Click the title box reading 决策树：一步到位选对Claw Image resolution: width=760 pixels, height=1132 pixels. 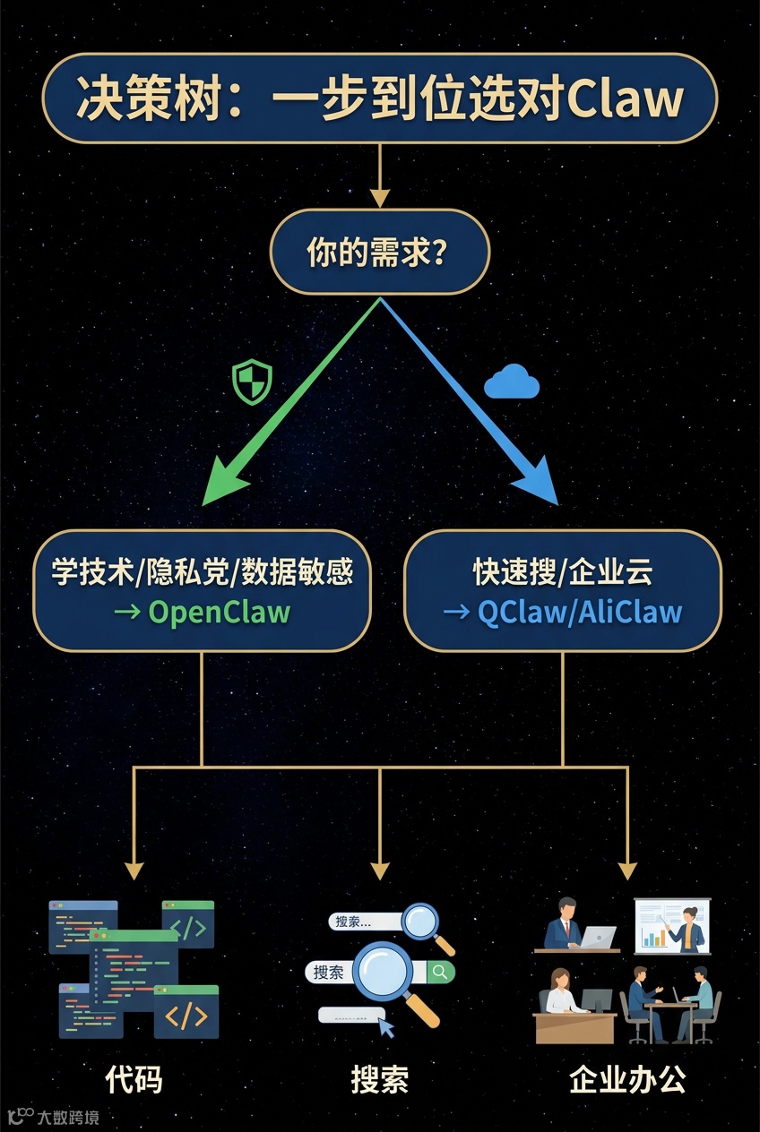pyautogui.click(x=380, y=99)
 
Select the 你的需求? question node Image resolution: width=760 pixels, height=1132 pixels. pyautogui.click(x=380, y=253)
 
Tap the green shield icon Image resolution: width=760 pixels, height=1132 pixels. pyautogui.click(x=251, y=382)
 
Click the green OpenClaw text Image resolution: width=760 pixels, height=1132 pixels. pyautogui.click(x=219, y=613)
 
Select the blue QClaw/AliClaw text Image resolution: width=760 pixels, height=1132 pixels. pyautogui.click(x=579, y=613)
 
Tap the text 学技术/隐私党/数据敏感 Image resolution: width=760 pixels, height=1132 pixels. pyautogui.click(x=202, y=571)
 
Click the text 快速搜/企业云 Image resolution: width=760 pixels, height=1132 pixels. pyautogui.click(x=563, y=571)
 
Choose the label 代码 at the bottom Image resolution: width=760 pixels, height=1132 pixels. pyautogui.click(x=134, y=1079)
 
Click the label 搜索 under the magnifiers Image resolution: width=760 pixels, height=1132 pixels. pyautogui.click(x=379, y=1079)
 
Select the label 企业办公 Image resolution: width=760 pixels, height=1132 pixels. pyautogui.click(x=627, y=1079)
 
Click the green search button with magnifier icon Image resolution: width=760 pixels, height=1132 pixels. pyautogui.click(x=440, y=971)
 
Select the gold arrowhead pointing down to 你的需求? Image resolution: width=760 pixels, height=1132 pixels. pyautogui.click(x=380, y=198)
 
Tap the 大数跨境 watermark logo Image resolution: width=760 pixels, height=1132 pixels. pyautogui.click(x=54, y=1117)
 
